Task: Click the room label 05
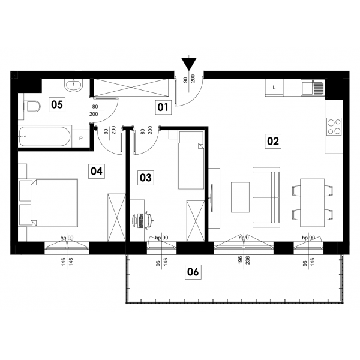point(57,104)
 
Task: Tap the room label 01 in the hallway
point(163,107)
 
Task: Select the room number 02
point(273,141)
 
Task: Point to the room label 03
point(146,178)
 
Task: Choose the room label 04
point(97,171)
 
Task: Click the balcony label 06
point(193,272)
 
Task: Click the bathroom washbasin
point(73,85)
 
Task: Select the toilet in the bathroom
point(32,106)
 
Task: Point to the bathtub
point(45,137)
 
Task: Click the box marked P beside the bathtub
point(80,139)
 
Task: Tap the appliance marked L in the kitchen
point(274,88)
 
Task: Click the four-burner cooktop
point(334,127)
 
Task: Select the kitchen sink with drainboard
point(313,87)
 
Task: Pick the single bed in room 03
point(191,160)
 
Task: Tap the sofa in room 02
point(266,197)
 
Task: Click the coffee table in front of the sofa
point(240,197)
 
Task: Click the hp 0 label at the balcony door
point(244,238)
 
